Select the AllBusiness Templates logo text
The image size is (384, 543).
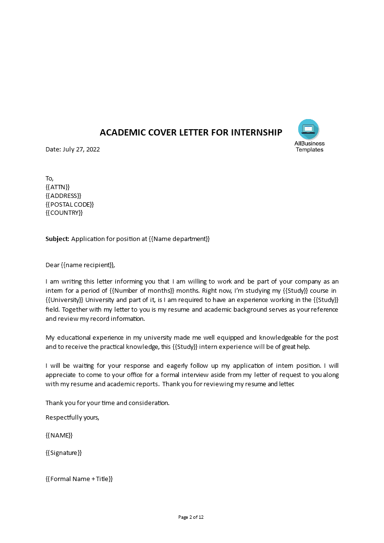click(309, 146)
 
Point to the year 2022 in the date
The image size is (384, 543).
click(92, 149)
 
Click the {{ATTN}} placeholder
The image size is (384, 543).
click(58, 187)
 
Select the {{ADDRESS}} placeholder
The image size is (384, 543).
click(63, 196)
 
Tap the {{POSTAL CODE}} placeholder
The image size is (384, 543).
click(70, 204)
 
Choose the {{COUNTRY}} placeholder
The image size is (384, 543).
click(64, 212)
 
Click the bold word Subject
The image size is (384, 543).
click(58, 239)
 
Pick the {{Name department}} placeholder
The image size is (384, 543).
click(182, 239)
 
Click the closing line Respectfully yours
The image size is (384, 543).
click(72, 417)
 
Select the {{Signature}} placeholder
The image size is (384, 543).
click(63, 452)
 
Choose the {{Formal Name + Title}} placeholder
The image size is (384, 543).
click(79, 479)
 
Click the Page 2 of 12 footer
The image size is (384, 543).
click(191, 517)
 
